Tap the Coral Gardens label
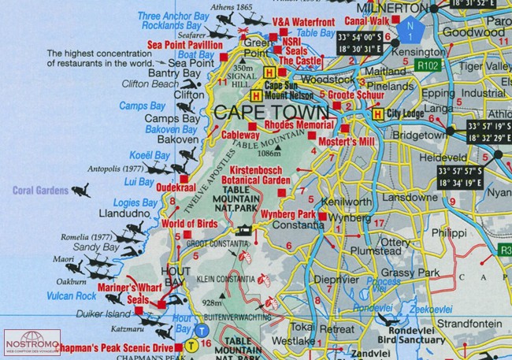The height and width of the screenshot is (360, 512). pyautogui.click(x=39, y=190)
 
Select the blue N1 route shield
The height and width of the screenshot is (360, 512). pyautogui.click(x=409, y=29)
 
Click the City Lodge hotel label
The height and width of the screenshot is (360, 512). pyautogui.click(x=404, y=113)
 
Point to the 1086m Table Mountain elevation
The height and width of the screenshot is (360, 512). pyautogui.click(x=269, y=153)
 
